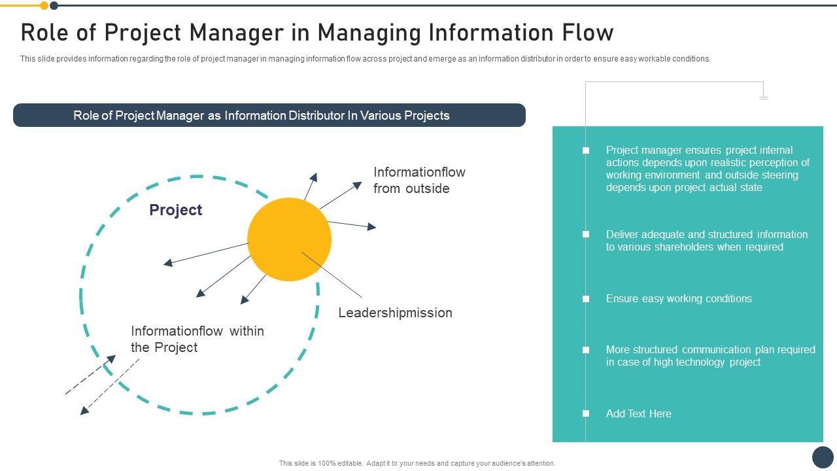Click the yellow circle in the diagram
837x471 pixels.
tap(289, 239)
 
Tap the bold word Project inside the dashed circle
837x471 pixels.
tap(175, 210)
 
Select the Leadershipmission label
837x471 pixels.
tap(395, 313)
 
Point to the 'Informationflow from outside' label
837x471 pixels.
tap(419, 180)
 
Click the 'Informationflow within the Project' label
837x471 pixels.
tap(197, 339)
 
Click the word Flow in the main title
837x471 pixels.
tap(587, 32)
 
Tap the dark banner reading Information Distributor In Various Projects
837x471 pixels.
tap(269, 115)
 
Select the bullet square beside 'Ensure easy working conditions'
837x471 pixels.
tap(586, 299)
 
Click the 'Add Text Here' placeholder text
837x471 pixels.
tap(638, 413)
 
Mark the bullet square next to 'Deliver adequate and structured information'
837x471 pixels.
tap(586, 234)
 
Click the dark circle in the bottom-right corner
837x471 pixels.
tap(823, 457)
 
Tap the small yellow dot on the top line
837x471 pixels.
tap(44, 6)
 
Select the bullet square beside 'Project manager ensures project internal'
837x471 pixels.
tap(586, 150)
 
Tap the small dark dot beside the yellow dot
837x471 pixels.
tap(54, 6)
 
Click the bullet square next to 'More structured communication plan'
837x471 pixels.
tap(586, 350)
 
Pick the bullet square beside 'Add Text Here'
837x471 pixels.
tap(586, 413)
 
